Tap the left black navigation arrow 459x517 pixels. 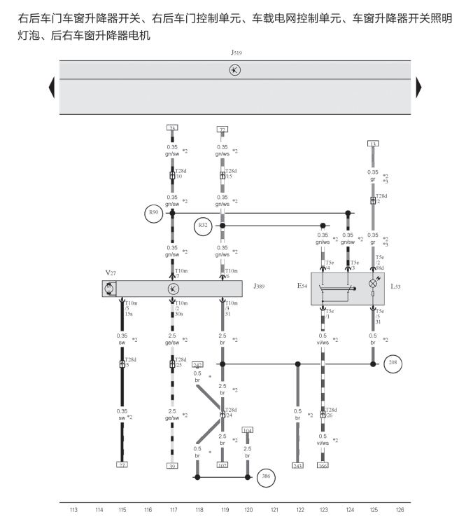point(51,88)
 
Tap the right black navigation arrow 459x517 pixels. point(418,88)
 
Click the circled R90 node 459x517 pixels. point(153,212)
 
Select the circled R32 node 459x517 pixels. point(204,225)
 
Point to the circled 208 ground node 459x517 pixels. point(393,364)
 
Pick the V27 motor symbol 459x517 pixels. point(108,289)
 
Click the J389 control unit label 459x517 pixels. point(259,287)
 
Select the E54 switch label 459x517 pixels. point(301,287)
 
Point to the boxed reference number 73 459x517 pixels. point(172,128)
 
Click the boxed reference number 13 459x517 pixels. point(373,144)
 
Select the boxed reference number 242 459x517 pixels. point(197,365)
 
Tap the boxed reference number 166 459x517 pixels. point(323,464)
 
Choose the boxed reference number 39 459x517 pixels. point(172,464)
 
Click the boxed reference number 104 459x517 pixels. point(247,429)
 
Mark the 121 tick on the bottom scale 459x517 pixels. point(275,509)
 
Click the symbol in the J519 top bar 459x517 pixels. point(235,70)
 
